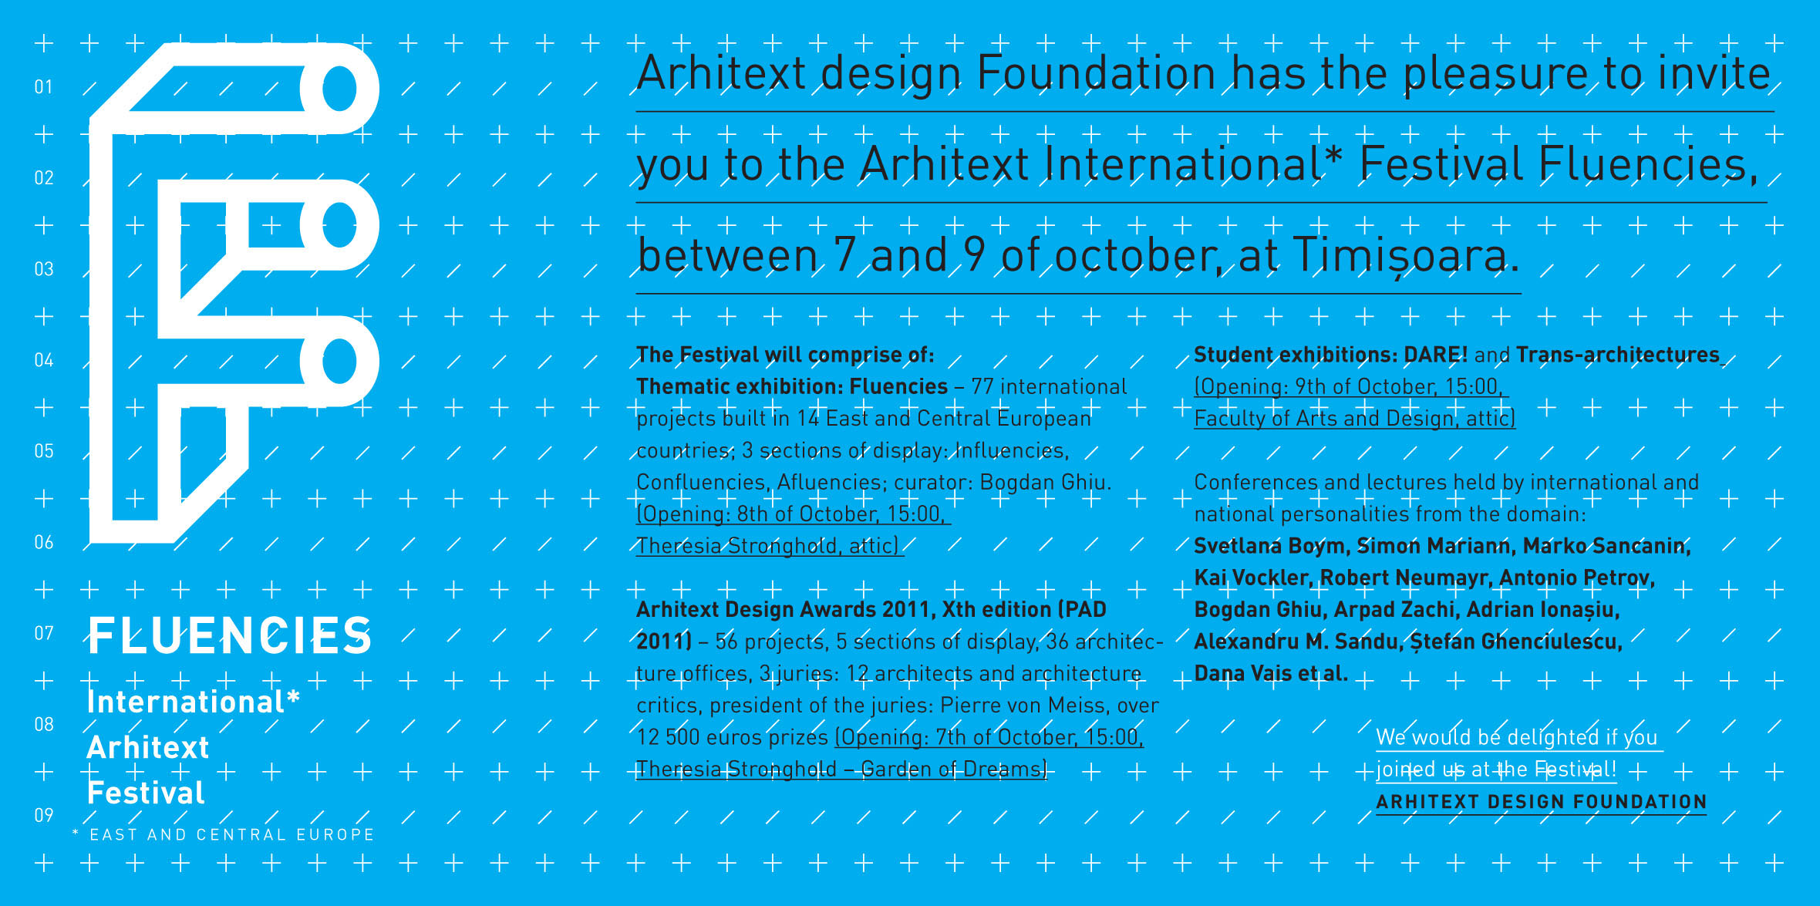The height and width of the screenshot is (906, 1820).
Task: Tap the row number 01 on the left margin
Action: (44, 87)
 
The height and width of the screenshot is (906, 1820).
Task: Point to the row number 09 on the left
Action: (44, 815)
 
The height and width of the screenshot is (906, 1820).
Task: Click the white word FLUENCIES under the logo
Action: (230, 636)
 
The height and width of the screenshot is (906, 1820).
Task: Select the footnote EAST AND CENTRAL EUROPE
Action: (232, 835)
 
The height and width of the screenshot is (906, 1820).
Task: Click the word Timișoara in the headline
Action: (1406, 255)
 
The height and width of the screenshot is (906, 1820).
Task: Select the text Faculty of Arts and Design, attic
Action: (1354, 419)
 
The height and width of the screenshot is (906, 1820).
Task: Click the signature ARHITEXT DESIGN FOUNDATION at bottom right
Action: (1542, 802)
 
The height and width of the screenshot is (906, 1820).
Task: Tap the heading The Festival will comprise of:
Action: (785, 355)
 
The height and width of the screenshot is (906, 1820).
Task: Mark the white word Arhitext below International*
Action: (148, 748)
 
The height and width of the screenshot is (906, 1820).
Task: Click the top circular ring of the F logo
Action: (339, 89)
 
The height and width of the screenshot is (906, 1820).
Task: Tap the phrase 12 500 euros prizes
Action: (732, 738)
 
